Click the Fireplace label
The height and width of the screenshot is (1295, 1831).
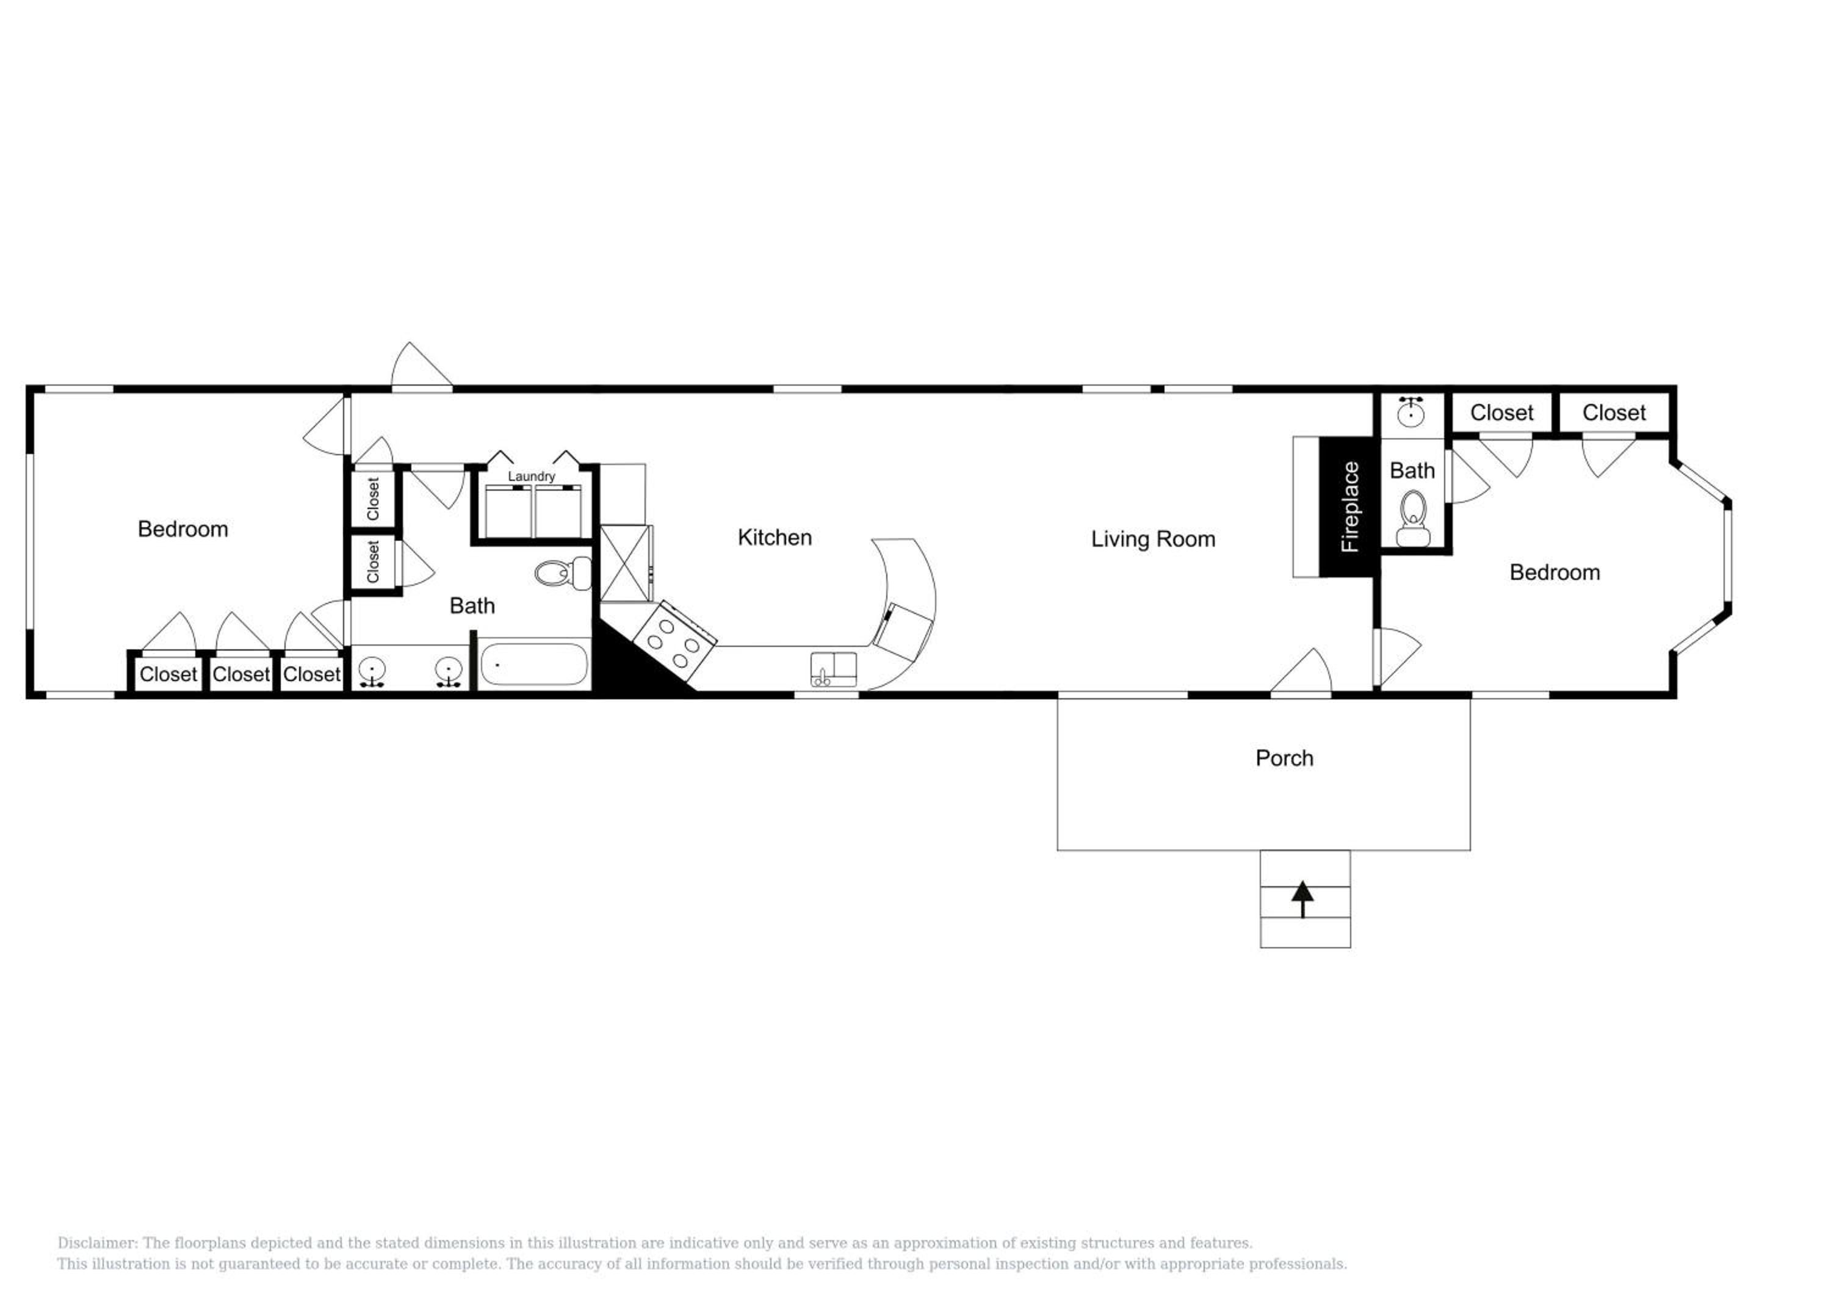click(x=1349, y=507)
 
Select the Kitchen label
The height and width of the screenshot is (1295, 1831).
click(x=775, y=538)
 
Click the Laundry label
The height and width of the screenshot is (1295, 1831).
click(x=531, y=476)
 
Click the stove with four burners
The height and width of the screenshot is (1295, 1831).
click(x=674, y=635)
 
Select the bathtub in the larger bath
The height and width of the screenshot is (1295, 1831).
click(x=534, y=664)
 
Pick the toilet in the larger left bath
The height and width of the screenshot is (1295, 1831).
click(x=562, y=572)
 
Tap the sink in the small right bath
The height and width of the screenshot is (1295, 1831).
click(x=1412, y=411)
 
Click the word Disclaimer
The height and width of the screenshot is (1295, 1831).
click(x=96, y=1243)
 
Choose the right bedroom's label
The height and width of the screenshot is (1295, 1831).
click(x=1555, y=572)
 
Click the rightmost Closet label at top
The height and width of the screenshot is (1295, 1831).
click(x=1614, y=413)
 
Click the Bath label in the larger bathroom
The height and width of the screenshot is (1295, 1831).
click(x=472, y=605)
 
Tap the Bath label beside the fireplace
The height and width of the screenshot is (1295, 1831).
click(x=1412, y=471)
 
